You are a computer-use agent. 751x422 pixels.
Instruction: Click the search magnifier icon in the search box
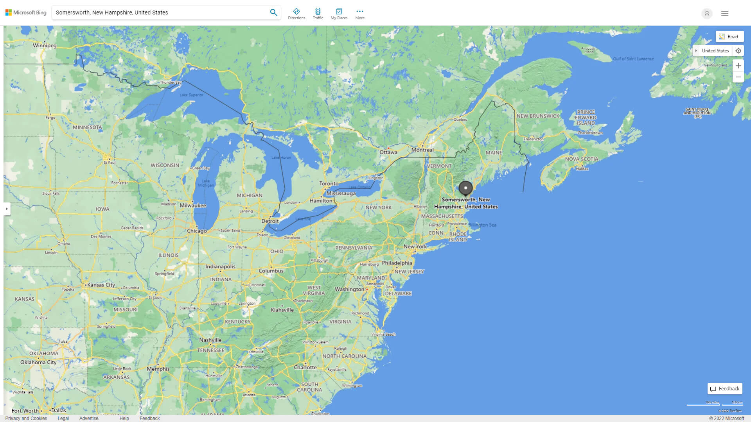[x=273, y=13]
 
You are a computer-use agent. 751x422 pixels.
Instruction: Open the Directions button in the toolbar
[x=296, y=13]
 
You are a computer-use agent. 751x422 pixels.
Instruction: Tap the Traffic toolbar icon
[x=318, y=13]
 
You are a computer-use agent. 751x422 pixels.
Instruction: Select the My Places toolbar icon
[x=339, y=13]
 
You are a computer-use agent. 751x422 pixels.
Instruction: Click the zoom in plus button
[x=738, y=66]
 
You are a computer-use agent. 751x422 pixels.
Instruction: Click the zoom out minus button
[x=738, y=77]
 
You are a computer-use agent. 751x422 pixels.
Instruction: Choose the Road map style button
[x=729, y=37]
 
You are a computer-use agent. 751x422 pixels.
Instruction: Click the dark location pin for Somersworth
[x=465, y=188]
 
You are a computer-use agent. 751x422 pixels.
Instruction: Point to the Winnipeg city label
[x=45, y=45]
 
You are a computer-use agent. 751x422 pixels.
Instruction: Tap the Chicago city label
[x=197, y=231]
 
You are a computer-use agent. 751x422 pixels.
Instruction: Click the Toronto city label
[x=329, y=184]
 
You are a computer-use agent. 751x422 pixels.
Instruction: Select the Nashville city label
[x=210, y=340]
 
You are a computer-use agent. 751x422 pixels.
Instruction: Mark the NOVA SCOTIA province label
[x=581, y=159]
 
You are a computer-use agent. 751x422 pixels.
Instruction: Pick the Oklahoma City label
[x=38, y=362]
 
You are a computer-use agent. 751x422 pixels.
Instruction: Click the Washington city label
[x=349, y=289]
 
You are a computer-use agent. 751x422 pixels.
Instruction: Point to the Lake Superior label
[x=191, y=95]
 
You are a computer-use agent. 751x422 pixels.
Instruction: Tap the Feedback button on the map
[x=725, y=389]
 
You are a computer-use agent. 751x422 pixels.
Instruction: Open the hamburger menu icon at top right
[x=725, y=13]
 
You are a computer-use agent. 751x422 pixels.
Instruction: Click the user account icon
[x=707, y=13]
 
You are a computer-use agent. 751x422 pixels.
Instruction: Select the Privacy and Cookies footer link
[x=26, y=418]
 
